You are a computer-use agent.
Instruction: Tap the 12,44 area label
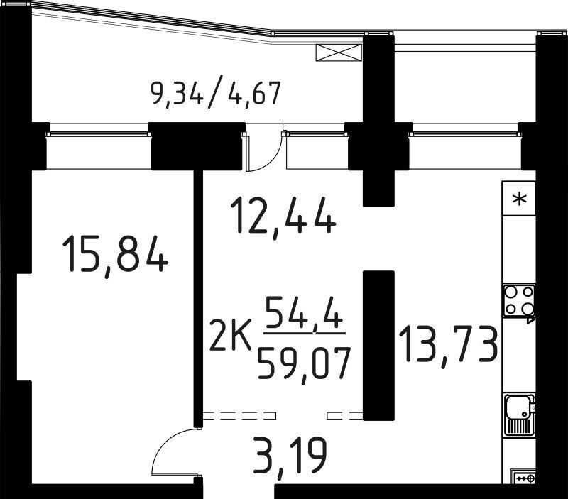coord(283,216)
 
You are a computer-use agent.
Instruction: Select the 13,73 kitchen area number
coord(449,346)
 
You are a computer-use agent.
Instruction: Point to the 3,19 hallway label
coord(290,457)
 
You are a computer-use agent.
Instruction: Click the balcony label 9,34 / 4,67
coord(216,94)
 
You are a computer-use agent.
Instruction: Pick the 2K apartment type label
coord(230,340)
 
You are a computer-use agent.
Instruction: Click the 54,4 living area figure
coord(305,312)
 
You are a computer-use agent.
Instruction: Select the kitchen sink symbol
coord(520,415)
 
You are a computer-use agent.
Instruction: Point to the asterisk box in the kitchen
coord(519,199)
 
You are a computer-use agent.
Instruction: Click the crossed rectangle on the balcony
coord(339,53)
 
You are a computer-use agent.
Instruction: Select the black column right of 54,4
coord(378,346)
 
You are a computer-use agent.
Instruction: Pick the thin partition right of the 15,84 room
coord(198,299)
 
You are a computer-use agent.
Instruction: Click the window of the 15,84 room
coord(98,133)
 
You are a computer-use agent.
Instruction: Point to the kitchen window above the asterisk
coord(465,133)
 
